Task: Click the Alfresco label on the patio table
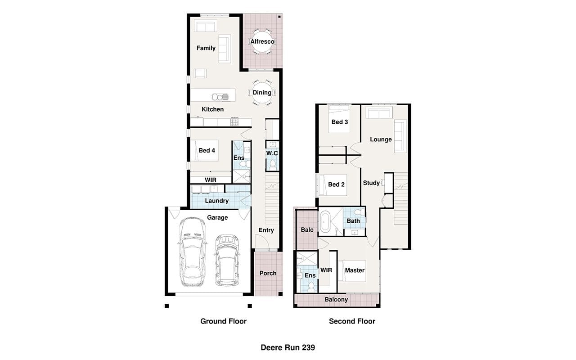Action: coord(262,42)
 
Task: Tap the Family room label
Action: coord(206,48)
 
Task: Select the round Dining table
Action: coord(262,93)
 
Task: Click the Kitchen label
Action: coord(213,109)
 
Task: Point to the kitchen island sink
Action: coord(220,97)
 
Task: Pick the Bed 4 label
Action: coord(207,150)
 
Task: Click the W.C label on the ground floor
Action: coord(272,153)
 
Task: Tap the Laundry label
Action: coord(217,201)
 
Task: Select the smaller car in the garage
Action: coord(227,260)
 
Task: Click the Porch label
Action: coord(268,273)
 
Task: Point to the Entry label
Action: coord(266,230)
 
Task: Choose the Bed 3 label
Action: coord(340,122)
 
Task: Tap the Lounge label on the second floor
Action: coord(381,139)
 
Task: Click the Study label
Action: coord(371,183)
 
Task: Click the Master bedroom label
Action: coord(355,270)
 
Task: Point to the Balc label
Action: coord(307,229)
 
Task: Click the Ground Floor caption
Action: coord(224,321)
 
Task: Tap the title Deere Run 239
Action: coord(288,348)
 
